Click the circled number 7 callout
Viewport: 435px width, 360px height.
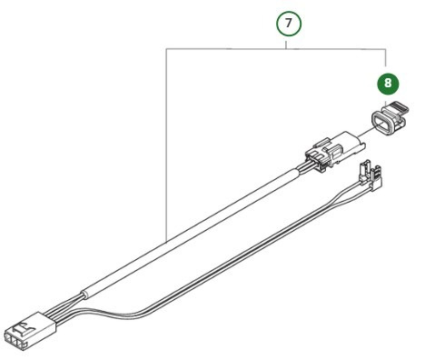point(288,25)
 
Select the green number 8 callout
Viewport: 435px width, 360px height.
point(388,83)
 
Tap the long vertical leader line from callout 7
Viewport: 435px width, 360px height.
point(167,136)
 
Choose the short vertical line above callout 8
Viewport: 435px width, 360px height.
point(388,59)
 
